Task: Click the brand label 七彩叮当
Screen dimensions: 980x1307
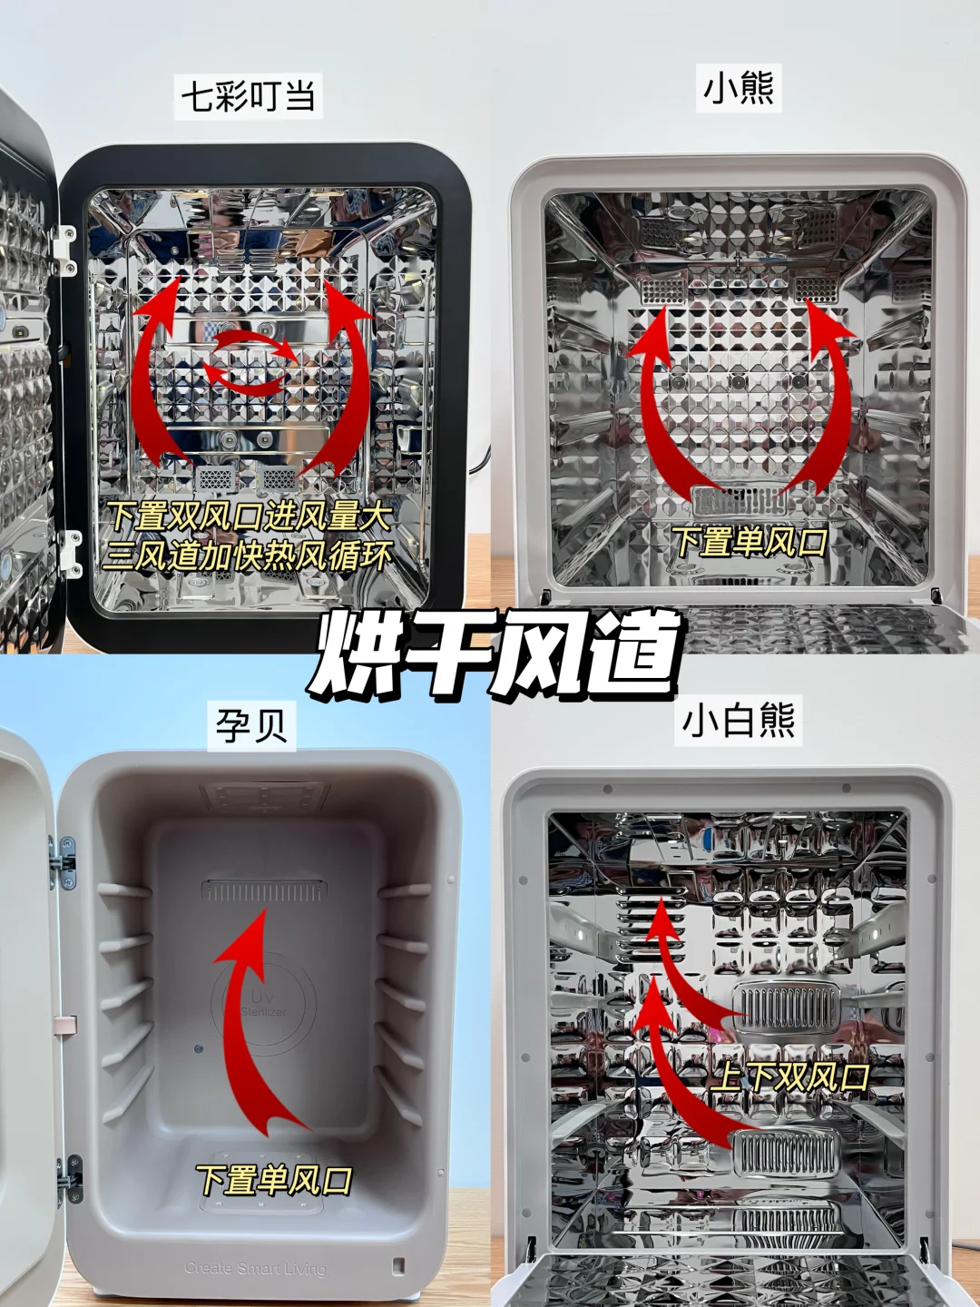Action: (x=248, y=96)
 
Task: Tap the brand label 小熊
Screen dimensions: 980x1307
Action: (x=739, y=90)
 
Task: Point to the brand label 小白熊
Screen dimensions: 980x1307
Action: (x=738, y=722)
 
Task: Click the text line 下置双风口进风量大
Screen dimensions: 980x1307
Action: (x=250, y=516)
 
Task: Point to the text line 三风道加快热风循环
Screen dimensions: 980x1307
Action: (x=248, y=557)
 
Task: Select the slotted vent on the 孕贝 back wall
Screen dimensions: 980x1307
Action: (x=264, y=890)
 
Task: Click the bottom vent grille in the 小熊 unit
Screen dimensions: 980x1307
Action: (x=740, y=501)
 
